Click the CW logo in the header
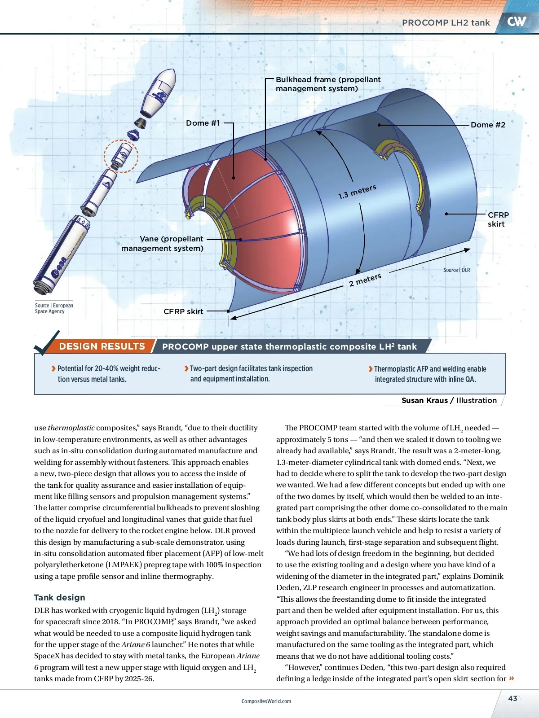click(517, 21)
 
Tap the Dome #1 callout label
click(203, 123)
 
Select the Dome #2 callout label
click(488, 125)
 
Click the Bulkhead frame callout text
click(328, 84)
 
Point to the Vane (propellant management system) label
click(163, 243)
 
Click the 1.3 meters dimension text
click(357, 192)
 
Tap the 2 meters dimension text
click(365, 280)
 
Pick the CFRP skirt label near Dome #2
click(498, 219)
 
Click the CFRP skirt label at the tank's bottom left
click(183, 311)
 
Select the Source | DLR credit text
click(456, 270)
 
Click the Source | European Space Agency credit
click(54, 308)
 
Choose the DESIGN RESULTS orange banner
click(102, 346)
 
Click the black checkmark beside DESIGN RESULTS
click(47, 343)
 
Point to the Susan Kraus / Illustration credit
click(449, 400)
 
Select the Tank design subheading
click(59, 597)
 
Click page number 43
click(512, 698)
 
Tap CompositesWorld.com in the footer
click(266, 701)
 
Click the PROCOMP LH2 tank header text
click(446, 22)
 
